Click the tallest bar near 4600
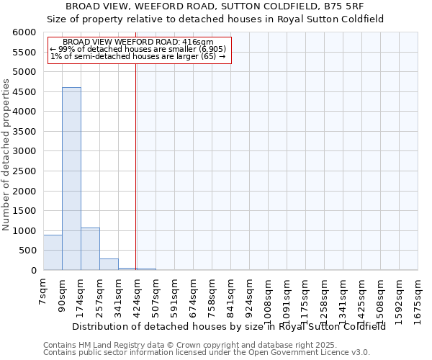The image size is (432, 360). (x=71, y=179)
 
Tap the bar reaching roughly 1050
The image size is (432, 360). (x=90, y=248)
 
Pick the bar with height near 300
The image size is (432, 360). (x=109, y=264)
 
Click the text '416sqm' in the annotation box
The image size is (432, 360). (x=199, y=42)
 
